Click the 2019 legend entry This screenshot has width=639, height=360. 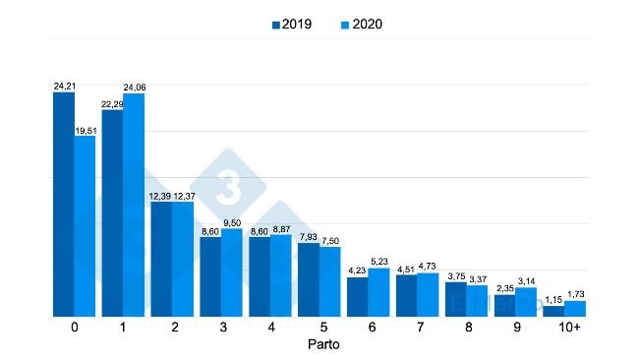coord(292,24)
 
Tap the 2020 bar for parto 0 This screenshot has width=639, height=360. coord(86,226)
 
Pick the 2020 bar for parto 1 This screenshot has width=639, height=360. coord(134,206)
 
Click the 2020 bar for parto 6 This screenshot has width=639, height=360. coord(378,292)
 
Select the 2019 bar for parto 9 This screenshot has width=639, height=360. coord(504,305)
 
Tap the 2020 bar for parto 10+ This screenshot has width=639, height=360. coord(575,309)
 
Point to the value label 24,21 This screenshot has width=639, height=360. coord(64,87)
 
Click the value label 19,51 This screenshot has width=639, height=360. coord(86,129)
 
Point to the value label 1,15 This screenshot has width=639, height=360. coord(553,299)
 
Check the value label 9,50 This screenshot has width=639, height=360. coord(232,223)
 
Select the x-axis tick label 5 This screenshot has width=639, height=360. coord(319,327)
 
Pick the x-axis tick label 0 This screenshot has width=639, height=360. coord(75,327)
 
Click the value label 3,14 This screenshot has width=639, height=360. coord(526,281)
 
